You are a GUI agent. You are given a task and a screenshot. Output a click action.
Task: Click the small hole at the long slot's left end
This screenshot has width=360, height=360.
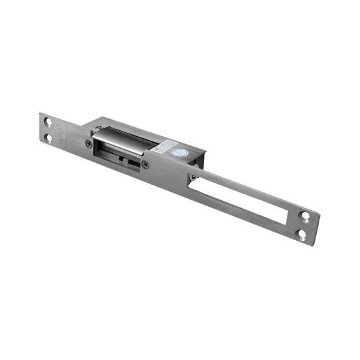[194, 177]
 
